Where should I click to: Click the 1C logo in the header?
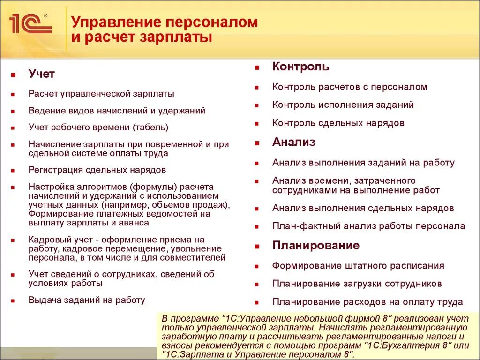(x=30, y=23)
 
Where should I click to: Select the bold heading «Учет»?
(x=41, y=74)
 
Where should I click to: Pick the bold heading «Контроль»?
(x=300, y=67)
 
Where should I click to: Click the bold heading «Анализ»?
(x=293, y=142)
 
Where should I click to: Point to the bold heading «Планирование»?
(x=316, y=246)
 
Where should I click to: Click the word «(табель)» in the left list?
(x=150, y=127)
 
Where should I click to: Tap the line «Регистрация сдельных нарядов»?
(x=97, y=170)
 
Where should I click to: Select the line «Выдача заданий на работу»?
(x=87, y=300)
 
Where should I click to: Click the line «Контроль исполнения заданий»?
(x=343, y=105)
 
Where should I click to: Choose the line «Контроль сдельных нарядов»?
(x=338, y=123)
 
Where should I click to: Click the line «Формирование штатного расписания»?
(x=358, y=266)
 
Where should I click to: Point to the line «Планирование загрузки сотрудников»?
(x=357, y=284)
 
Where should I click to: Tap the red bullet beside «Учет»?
(x=15, y=75)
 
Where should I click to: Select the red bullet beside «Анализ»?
(x=257, y=143)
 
